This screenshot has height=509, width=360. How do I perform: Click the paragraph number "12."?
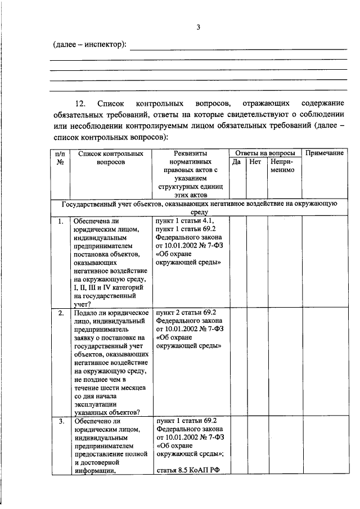[x=79, y=103]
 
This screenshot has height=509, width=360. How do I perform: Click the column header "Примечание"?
[x=324, y=153]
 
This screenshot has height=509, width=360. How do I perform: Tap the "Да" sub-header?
[x=237, y=162]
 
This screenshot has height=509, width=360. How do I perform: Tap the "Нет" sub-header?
[x=255, y=162]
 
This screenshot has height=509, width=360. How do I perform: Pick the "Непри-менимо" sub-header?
[x=283, y=166]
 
